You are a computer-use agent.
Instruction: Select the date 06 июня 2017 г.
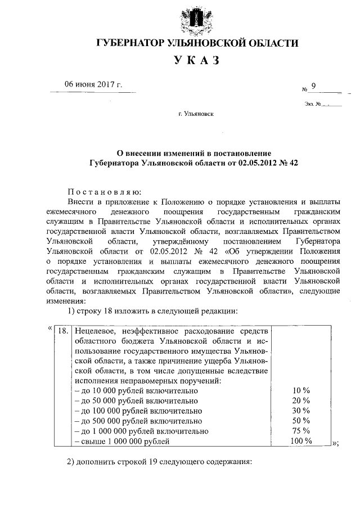pyautogui.click(x=93, y=85)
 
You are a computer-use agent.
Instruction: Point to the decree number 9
pyautogui.click(x=314, y=85)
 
